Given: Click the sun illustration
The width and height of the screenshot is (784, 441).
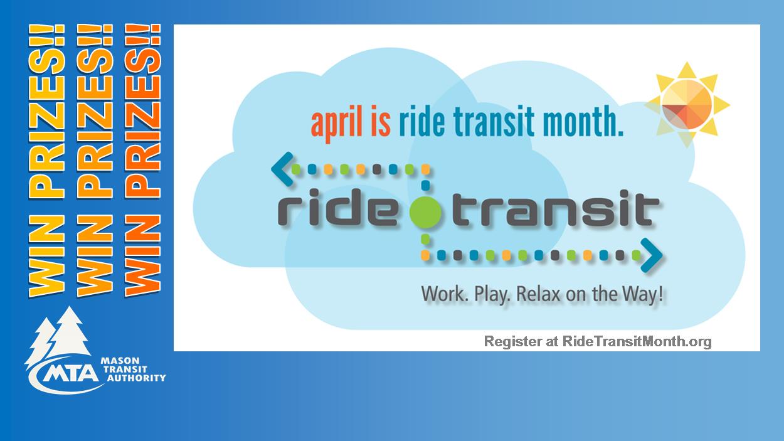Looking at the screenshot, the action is tap(687, 104).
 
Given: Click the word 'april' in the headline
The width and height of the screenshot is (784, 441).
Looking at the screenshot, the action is tap(337, 123).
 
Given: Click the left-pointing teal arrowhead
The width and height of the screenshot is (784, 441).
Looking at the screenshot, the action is tap(282, 169).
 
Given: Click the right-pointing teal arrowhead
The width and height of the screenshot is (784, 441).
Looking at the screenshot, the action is tap(652, 255).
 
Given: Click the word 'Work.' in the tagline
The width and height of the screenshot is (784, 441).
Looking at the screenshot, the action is tap(445, 294).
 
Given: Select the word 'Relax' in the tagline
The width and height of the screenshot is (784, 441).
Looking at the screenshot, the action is tap(539, 294).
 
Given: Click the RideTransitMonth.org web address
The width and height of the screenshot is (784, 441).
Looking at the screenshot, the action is tap(637, 341).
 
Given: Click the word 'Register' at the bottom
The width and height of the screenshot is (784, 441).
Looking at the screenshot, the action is tap(513, 342).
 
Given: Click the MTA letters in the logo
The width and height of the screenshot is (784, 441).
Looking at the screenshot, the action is tap(70, 373).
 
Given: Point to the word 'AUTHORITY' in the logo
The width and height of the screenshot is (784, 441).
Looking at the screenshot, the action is tap(137, 378).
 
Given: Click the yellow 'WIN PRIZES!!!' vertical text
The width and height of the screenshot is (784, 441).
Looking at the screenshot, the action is tap(46, 161).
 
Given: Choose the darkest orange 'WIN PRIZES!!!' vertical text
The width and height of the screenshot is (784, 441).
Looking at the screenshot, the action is tap(142, 161).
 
